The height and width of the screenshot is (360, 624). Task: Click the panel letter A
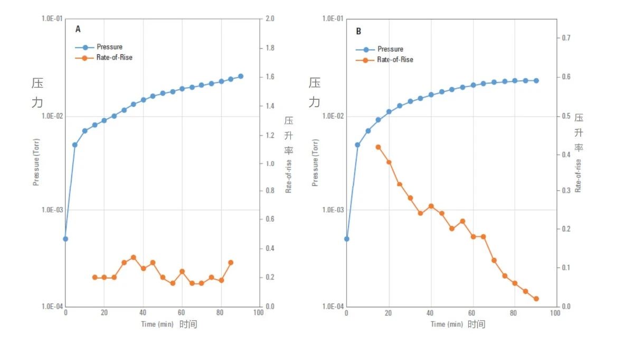[x=78, y=30]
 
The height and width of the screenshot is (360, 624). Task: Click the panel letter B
[x=358, y=32]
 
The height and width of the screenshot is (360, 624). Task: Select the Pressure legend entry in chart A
[x=109, y=47]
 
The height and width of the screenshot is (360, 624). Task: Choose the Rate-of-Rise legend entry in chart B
[x=395, y=60]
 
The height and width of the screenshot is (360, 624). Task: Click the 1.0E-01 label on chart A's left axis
[x=52, y=19]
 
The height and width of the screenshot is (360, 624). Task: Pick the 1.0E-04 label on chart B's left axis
[x=333, y=307]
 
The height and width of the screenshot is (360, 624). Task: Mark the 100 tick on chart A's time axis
[x=258, y=313]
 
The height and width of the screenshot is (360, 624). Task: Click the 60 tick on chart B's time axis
[x=472, y=313]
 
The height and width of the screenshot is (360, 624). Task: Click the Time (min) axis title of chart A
[x=156, y=324]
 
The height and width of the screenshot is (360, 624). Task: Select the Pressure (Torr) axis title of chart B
[x=315, y=162]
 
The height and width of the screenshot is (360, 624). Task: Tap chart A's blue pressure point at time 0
[x=65, y=239]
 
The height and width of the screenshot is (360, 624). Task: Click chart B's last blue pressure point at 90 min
[x=536, y=81]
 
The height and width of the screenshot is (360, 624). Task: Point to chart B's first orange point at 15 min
[x=378, y=147]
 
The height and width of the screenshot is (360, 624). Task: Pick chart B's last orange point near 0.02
[x=536, y=299]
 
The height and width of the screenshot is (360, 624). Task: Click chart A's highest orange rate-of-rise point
[x=134, y=258]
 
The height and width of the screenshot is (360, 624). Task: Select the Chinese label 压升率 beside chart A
[x=288, y=136]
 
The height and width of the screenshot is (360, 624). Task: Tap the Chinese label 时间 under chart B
[x=476, y=324]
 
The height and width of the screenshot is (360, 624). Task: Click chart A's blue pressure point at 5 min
[x=75, y=145]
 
